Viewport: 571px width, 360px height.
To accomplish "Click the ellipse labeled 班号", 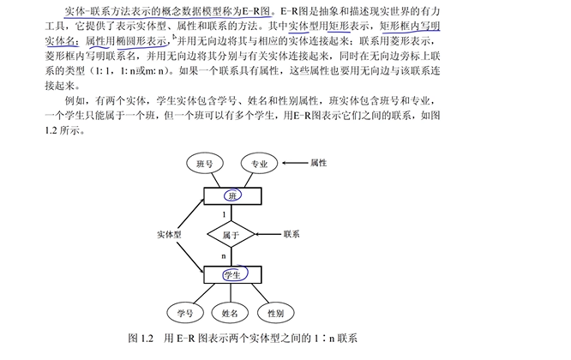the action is (x=206, y=163).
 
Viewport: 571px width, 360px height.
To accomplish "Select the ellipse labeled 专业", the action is (x=256, y=163).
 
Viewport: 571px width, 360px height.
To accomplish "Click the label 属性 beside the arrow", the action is (x=319, y=162).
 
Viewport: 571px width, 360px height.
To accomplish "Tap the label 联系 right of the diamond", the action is (x=292, y=233).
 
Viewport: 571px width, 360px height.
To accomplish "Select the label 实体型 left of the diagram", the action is (x=169, y=233).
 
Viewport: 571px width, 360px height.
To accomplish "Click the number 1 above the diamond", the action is (x=225, y=213).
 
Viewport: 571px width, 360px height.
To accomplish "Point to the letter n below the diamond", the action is (x=224, y=255).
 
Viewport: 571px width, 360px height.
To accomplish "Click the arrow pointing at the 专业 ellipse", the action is (x=295, y=162).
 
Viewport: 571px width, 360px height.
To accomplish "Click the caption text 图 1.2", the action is (x=141, y=339).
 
